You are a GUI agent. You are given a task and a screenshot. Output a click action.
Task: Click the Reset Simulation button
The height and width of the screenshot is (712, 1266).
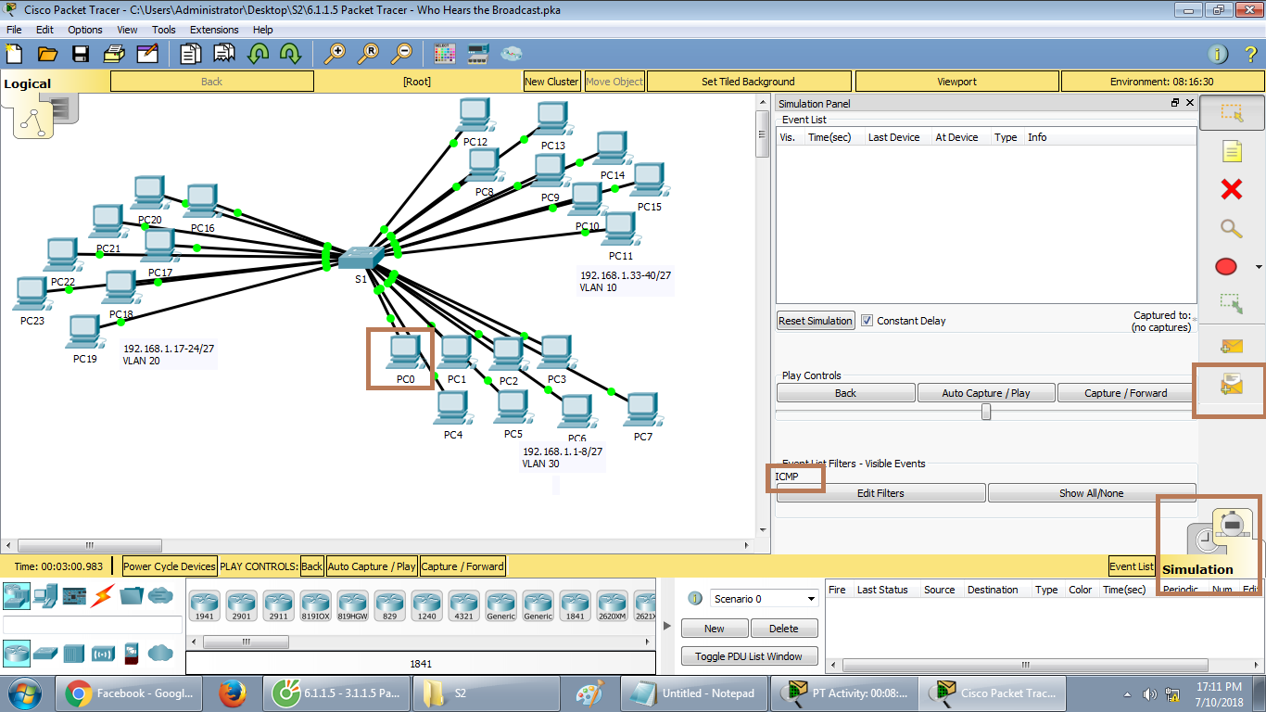(816, 321)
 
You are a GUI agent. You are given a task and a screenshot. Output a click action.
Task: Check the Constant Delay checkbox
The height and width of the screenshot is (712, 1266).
(867, 321)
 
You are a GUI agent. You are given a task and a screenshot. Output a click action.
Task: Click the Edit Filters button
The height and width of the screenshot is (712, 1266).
(880, 493)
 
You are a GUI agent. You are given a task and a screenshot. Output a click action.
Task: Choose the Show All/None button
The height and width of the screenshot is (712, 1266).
(1091, 493)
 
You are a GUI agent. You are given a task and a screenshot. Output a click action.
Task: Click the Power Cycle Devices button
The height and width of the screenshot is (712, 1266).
(170, 566)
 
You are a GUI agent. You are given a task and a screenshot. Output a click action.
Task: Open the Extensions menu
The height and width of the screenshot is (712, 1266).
(214, 30)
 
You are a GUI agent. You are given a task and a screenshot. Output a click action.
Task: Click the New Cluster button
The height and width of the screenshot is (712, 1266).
(551, 82)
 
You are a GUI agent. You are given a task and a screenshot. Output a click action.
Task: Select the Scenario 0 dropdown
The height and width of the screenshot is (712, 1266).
(765, 599)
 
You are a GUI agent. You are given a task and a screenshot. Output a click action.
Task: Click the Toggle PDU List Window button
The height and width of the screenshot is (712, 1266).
(750, 656)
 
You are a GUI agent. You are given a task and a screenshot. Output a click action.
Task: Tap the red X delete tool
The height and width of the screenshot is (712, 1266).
(1231, 190)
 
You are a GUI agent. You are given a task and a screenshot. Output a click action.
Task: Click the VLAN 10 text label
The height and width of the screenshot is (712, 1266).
(599, 288)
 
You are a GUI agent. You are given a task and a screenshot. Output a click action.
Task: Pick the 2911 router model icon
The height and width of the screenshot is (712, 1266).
(277, 605)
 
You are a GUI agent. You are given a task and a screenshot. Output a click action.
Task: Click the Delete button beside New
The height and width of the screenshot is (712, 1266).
(783, 629)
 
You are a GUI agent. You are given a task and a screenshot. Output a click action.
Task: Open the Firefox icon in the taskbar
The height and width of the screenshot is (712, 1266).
(232, 693)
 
